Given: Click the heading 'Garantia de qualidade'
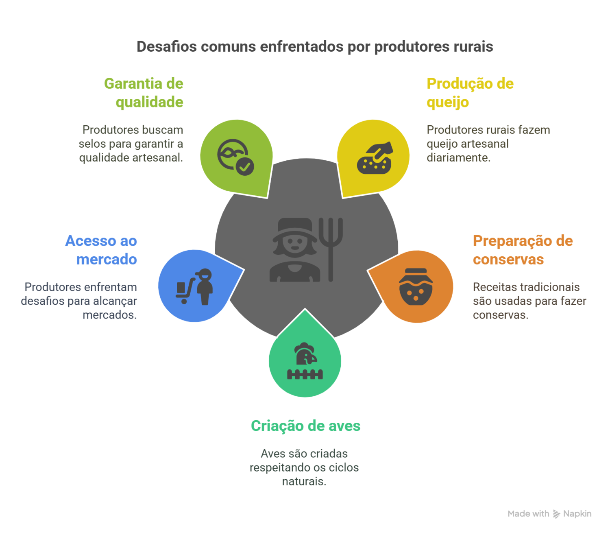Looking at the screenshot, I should point(144,93).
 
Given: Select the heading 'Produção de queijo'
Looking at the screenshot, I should point(470,93).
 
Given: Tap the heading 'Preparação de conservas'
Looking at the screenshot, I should point(523,250).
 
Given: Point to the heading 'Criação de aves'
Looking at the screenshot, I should point(305,426).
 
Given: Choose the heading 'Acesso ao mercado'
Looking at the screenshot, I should point(102,250).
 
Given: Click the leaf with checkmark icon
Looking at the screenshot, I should point(235,157).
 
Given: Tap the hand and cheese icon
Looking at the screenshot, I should point(375,158).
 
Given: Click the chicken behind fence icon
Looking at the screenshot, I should point(305,361).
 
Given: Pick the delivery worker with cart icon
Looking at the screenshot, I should point(194,286).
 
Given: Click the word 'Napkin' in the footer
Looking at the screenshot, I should point(577,514).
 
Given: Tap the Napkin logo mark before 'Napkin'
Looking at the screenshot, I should point(556,514).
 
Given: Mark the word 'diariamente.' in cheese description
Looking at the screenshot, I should point(458,157).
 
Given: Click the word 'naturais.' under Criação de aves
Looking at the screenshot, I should point(305,481).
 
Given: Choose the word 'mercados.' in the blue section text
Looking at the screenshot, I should point(110,315).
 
